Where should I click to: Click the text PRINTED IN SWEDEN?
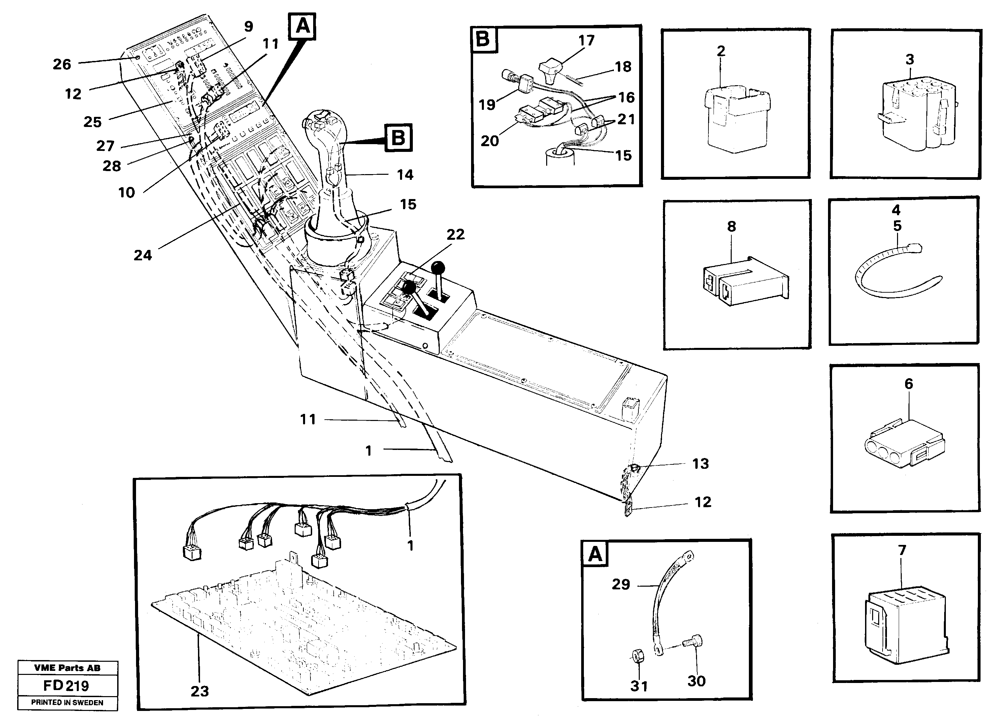click(x=67, y=702)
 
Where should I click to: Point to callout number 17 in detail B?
click(x=586, y=41)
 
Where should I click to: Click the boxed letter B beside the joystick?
click(x=398, y=138)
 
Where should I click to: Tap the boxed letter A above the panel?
click(x=302, y=26)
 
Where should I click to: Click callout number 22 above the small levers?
click(x=455, y=235)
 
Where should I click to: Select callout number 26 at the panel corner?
click(x=62, y=64)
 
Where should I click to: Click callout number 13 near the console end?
click(x=700, y=464)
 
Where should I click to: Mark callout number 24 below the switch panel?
click(x=143, y=255)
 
